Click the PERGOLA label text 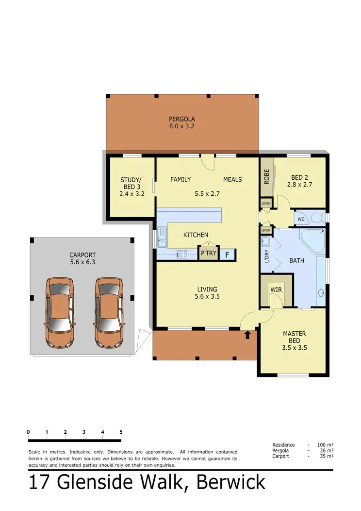tap(182, 119)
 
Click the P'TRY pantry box tap(208, 253)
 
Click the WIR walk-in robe tap(276, 290)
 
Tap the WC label tap(301, 219)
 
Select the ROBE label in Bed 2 tap(266, 176)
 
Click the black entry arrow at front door tap(248, 334)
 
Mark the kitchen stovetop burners tap(182, 254)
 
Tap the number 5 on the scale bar tap(121, 432)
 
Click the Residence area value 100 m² tap(325, 444)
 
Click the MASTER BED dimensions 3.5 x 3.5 tap(295, 347)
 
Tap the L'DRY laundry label tap(266, 256)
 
